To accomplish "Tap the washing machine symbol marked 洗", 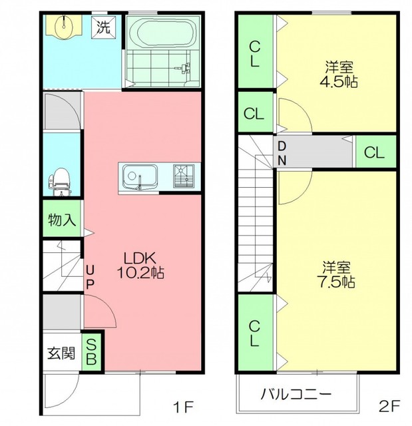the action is pyautogui.click(x=103, y=27).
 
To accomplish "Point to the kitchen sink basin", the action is pyautogui.click(x=140, y=176).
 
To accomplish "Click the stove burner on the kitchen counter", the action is pyautogui.click(x=184, y=176).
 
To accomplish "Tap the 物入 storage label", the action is pyautogui.click(x=62, y=220).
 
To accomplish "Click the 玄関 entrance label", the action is pyautogui.click(x=61, y=353).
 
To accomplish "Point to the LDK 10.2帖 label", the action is pyautogui.click(x=140, y=265).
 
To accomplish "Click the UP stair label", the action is pyautogui.click(x=90, y=278).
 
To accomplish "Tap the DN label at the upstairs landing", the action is pyautogui.click(x=282, y=154).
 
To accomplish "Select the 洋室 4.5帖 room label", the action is pyautogui.click(x=339, y=74).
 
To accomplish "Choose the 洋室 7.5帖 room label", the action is pyautogui.click(x=336, y=274).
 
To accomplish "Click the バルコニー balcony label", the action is pyautogui.click(x=296, y=394).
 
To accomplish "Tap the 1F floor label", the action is pyautogui.click(x=183, y=407).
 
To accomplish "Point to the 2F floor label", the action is pyautogui.click(x=389, y=407).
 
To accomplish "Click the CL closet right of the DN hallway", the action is pyautogui.click(x=375, y=152).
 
